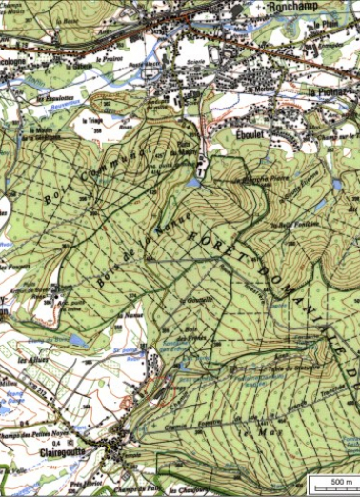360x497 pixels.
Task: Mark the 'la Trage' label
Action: click(92, 121)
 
